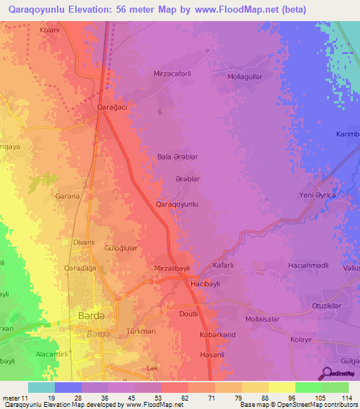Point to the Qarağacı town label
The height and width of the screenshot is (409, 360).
pos(112,108)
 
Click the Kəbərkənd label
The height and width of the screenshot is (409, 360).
pos(217,335)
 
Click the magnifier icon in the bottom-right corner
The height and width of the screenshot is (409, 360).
pos(327,373)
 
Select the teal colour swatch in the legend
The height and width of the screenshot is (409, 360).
pos(41,387)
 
